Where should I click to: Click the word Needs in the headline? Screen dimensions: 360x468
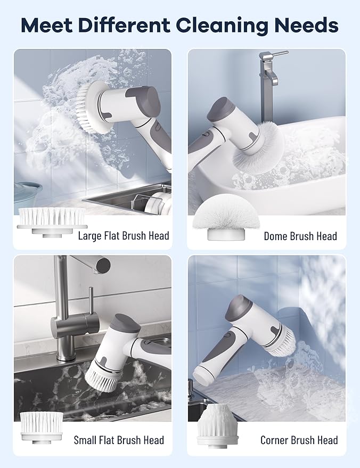tap(307, 26)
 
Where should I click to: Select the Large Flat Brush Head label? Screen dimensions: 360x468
tap(124, 235)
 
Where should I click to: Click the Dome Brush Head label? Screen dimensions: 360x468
tap(300, 236)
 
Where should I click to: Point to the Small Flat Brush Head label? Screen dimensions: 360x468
tap(119, 440)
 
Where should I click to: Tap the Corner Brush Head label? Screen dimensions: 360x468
tap(299, 440)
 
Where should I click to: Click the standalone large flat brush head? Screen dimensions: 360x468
tap(52, 223)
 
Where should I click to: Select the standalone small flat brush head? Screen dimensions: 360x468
tap(42, 427)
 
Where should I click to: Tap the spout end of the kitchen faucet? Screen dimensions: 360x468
tap(102, 265)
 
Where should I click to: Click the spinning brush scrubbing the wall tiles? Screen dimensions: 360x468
tap(92, 108)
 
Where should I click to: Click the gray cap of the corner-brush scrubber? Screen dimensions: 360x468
tap(241, 309)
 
